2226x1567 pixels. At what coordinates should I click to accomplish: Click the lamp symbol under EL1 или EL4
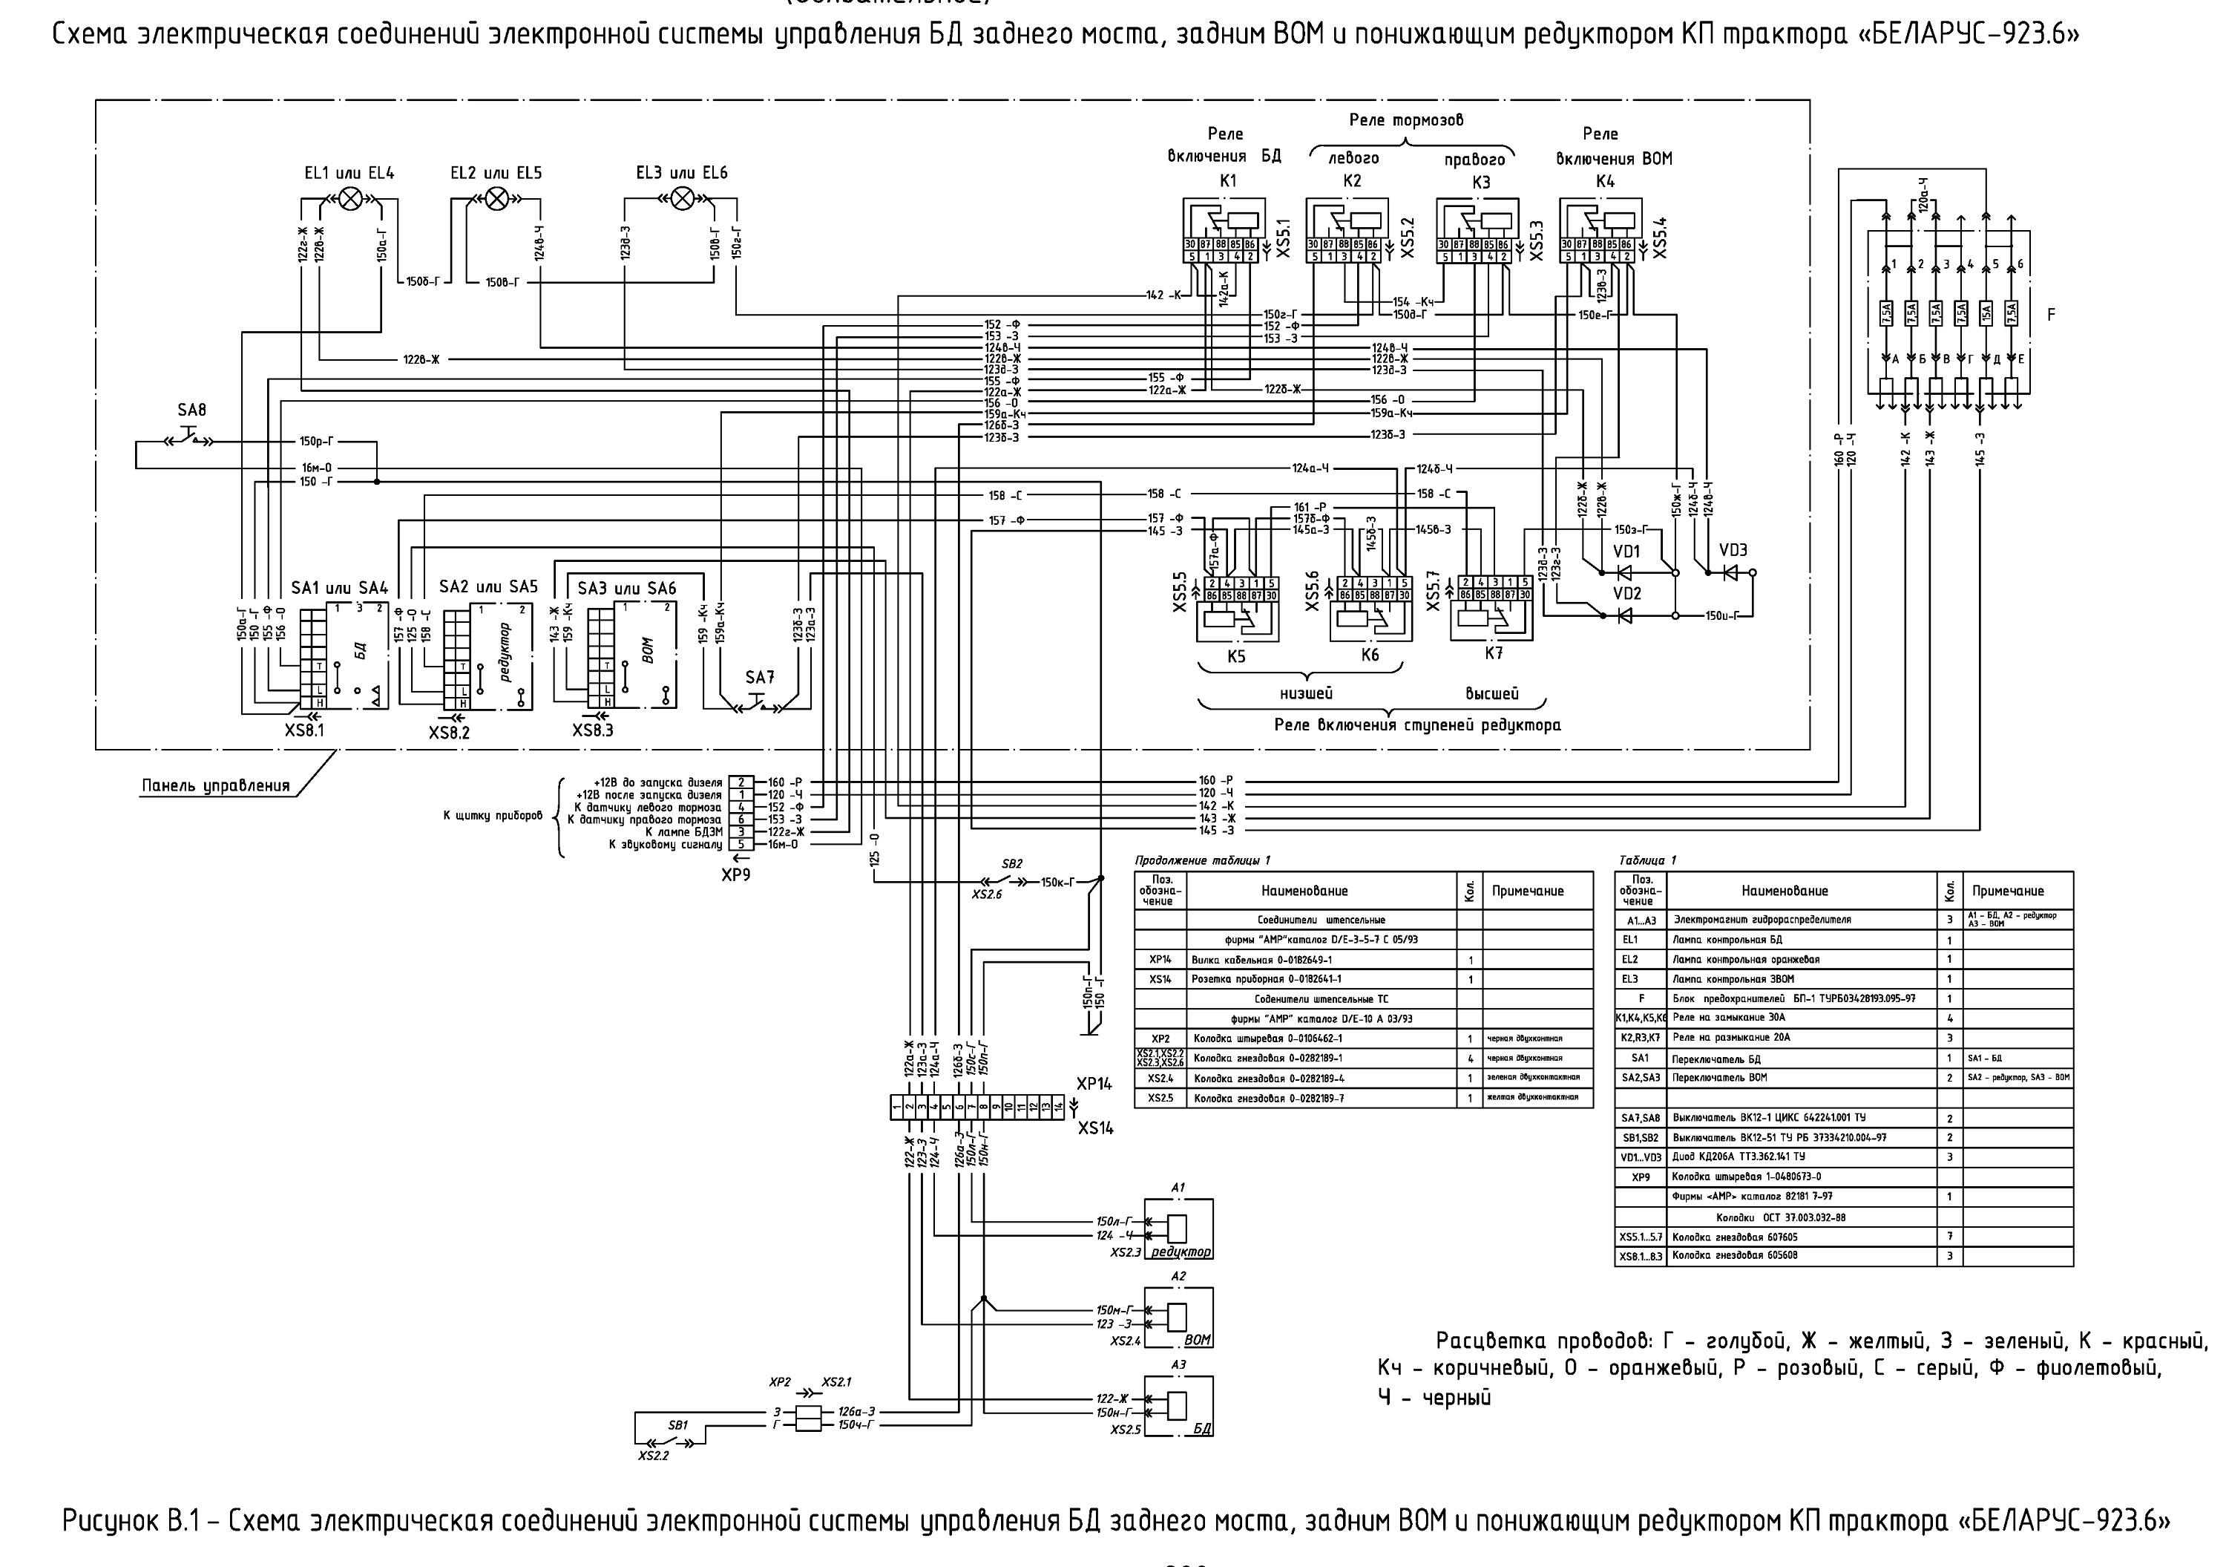[351, 199]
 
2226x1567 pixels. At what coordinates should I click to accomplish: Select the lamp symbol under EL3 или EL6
[683, 199]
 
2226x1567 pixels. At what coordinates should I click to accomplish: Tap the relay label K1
[1228, 180]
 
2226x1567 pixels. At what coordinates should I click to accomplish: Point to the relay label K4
[1606, 181]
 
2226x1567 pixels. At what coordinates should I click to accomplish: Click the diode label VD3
[1733, 550]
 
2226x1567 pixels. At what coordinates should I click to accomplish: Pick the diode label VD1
[1626, 551]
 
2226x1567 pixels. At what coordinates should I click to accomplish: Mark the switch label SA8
[192, 410]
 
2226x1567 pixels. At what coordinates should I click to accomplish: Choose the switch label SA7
[760, 677]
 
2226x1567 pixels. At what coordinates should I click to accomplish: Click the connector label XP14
[1094, 1084]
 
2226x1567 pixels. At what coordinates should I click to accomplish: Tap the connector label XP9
[736, 874]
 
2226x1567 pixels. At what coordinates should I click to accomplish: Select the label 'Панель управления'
[216, 785]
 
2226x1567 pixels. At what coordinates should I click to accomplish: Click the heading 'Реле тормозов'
[1406, 120]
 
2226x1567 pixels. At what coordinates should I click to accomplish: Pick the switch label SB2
[1011, 864]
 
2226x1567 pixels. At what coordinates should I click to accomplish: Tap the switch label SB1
[677, 1425]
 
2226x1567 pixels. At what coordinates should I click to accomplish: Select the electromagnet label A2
[1178, 1276]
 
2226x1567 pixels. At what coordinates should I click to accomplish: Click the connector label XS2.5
[1126, 1430]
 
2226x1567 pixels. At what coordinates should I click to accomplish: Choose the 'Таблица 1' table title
[1647, 860]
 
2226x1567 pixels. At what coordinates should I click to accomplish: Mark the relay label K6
[1369, 655]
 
